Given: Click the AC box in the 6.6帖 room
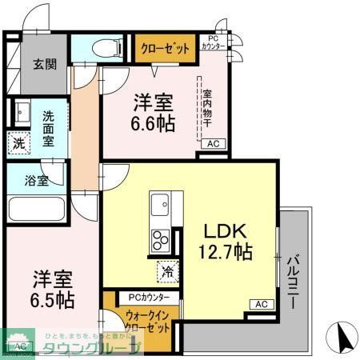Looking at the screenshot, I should click(213, 144).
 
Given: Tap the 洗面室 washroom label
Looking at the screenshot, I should click(49, 128).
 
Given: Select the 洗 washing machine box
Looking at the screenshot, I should click(18, 144).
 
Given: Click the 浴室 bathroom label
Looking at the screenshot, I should click(37, 180).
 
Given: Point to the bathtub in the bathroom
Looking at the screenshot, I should click(36, 210).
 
